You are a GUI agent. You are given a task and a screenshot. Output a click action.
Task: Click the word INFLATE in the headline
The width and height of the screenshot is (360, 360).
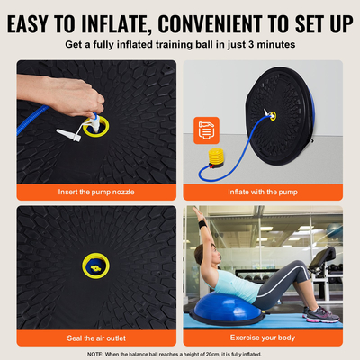[x=114, y=20]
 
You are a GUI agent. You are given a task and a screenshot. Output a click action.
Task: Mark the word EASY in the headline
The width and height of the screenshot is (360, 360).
[x=41, y=20]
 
